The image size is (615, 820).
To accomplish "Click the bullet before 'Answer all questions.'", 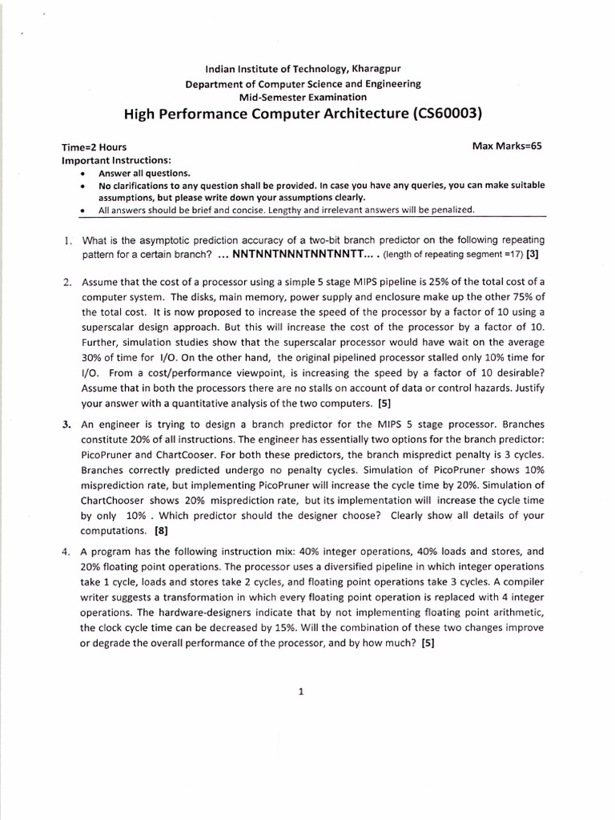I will tap(83, 174).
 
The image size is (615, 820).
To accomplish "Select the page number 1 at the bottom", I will tap(299, 693).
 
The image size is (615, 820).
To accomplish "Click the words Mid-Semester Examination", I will tap(303, 96).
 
